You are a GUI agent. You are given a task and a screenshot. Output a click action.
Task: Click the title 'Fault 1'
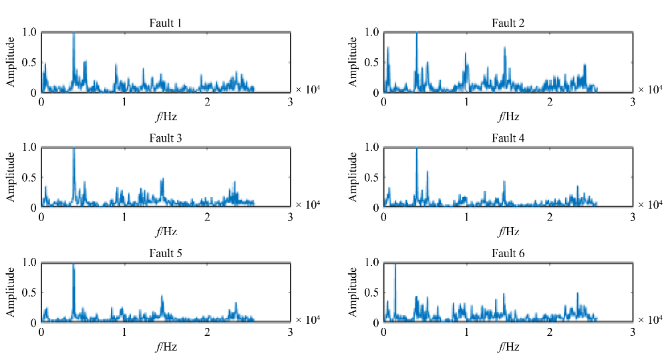pyautogui.click(x=166, y=24)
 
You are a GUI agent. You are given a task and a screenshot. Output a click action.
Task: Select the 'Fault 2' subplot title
pyautogui.click(x=508, y=24)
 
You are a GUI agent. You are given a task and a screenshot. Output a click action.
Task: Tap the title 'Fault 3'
pyautogui.click(x=166, y=139)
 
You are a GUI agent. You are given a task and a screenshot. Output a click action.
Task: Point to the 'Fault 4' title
pyautogui.click(x=508, y=139)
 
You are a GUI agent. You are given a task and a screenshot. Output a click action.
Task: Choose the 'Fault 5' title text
pyautogui.click(x=166, y=254)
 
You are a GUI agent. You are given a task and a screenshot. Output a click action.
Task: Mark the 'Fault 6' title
pyautogui.click(x=508, y=254)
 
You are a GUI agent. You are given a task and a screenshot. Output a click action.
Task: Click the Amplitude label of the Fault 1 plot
pyautogui.click(x=11, y=62)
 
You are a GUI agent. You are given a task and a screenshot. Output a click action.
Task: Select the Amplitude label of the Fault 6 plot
pyautogui.click(x=353, y=293)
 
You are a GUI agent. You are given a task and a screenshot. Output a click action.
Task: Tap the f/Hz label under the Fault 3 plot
pyautogui.click(x=166, y=232)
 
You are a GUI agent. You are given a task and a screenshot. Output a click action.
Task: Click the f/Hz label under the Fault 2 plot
pyautogui.click(x=508, y=116)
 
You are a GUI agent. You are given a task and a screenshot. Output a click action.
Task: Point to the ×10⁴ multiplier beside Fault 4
pyautogui.click(x=649, y=204)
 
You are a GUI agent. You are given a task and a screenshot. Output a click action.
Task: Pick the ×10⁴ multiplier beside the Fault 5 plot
pyautogui.click(x=307, y=319)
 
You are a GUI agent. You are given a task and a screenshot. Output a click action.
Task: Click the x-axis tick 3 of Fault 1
pyautogui.click(x=291, y=102)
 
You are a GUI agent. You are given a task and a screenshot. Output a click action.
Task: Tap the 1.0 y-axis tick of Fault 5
pyautogui.click(x=29, y=262)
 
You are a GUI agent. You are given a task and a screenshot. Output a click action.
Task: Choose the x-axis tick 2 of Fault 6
pyautogui.click(x=550, y=332)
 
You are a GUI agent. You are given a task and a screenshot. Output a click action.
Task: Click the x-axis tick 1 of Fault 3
pyautogui.click(x=125, y=217)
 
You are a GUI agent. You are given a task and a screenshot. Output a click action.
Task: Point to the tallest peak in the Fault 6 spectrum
pyautogui.click(x=395, y=265)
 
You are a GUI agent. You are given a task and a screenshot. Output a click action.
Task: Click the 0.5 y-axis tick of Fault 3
pyautogui.click(x=29, y=178)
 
